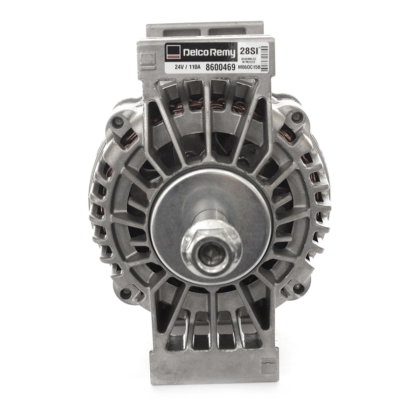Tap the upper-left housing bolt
[x=118, y=122]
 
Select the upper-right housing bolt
[x=296, y=117]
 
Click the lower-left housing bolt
[x=125, y=294]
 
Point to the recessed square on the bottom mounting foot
[x=269, y=364]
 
